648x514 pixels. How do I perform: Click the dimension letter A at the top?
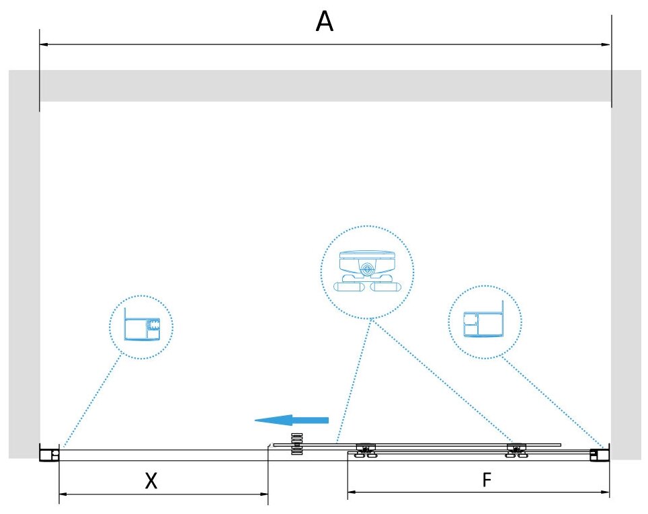[x=325, y=23]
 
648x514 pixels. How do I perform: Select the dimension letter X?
[x=152, y=480]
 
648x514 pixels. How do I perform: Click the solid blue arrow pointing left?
[x=291, y=420]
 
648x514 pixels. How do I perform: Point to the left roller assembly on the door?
[x=366, y=449]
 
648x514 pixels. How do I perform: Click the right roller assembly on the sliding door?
[x=516, y=449]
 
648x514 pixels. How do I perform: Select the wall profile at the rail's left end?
[x=49, y=454]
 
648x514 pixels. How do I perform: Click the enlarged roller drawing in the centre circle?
[x=367, y=272]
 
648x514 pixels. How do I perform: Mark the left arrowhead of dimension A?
[x=44, y=44]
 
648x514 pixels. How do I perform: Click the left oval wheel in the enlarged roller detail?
[x=348, y=286]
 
